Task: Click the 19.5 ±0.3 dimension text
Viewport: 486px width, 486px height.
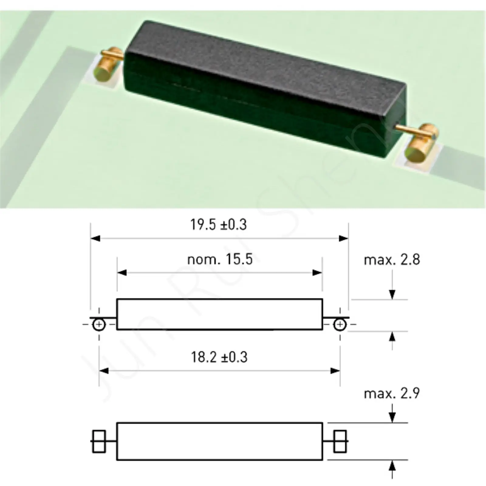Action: pyautogui.click(x=218, y=225)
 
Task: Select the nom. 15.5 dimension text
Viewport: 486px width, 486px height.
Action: pyautogui.click(x=220, y=259)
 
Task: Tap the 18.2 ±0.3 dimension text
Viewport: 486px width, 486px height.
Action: pyautogui.click(x=219, y=357)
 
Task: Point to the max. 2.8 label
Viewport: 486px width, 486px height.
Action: pyautogui.click(x=392, y=260)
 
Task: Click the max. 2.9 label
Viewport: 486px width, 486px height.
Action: pyautogui.click(x=392, y=394)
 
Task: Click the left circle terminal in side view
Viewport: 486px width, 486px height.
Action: pyautogui.click(x=99, y=325)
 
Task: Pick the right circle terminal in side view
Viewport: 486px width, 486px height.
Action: pyautogui.click(x=340, y=325)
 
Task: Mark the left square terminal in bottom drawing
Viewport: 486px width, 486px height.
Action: pyautogui.click(x=99, y=441)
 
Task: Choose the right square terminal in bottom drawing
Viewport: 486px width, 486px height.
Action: pyautogui.click(x=340, y=441)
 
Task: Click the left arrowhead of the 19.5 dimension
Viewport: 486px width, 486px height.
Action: pyautogui.click(x=95, y=238)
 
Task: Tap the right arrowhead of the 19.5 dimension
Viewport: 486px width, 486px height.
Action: pyautogui.click(x=344, y=238)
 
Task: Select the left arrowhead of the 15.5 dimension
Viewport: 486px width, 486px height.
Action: pyautogui.click(x=122, y=273)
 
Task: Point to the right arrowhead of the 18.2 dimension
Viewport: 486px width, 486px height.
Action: pyautogui.click(x=335, y=371)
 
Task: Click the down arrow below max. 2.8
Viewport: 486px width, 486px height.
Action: pyautogui.click(x=392, y=294)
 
